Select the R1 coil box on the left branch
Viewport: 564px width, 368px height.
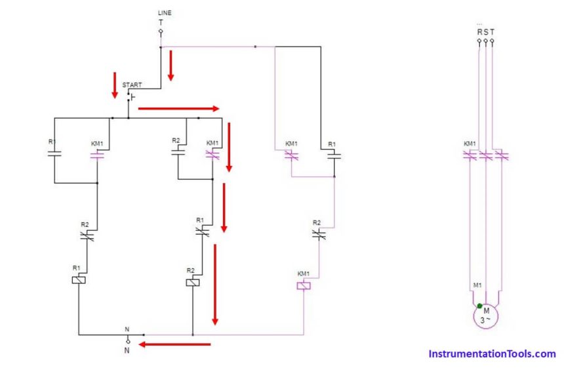(x=78, y=279)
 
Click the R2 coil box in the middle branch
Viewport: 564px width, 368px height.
(x=192, y=282)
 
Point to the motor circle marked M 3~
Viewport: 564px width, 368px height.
(x=486, y=315)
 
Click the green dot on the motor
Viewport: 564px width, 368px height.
(x=480, y=306)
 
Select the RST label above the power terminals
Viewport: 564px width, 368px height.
(x=485, y=31)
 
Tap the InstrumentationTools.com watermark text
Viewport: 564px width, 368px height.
(x=492, y=354)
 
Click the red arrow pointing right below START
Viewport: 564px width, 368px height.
(x=178, y=108)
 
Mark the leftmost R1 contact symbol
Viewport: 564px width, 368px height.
(x=54, y=155)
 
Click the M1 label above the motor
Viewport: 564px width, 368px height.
(x=477, y=286)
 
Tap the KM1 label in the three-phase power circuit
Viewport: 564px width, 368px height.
(x=470, y=144)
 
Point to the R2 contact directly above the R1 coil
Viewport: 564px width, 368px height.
(x=87, y=235)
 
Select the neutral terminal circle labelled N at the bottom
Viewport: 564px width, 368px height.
(x=128, y=341)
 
